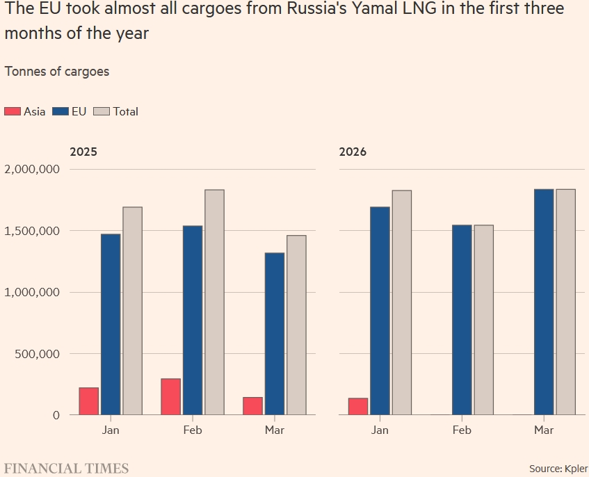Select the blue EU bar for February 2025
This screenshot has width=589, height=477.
click(193, 320)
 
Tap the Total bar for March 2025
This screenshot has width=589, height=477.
click(296, 325)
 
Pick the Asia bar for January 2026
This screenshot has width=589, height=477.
click(358, 406)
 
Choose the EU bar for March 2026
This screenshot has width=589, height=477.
click(544, 302)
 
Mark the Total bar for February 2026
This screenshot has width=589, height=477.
click(483, 320)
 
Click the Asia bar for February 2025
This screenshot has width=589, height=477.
click(170, 396)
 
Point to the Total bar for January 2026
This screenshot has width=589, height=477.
click(401, 302)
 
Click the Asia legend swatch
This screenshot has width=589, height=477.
click(13, 111)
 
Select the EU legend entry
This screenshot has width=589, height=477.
click(69, 111)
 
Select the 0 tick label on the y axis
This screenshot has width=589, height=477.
click(56, 415)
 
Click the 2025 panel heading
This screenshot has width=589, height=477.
click(83, 152)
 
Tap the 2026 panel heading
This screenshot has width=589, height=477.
click(353, 152)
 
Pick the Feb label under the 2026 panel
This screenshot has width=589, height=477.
click(462, 430)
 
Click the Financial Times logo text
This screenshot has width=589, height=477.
click(67, 468)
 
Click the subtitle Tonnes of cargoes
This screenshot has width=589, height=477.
click(56, 71)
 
